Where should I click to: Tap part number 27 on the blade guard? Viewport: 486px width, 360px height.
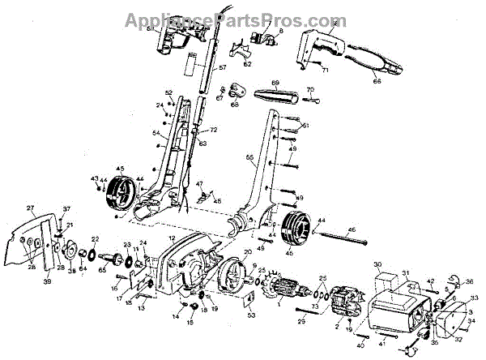pos(30,208)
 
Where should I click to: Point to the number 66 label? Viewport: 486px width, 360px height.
pos(376,81)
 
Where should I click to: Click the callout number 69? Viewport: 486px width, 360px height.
pos(275,84)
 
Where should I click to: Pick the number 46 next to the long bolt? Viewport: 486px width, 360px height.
pos(352,230)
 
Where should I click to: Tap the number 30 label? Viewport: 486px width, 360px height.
pos(377,265)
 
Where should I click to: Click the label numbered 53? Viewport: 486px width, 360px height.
pos(250,315)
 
